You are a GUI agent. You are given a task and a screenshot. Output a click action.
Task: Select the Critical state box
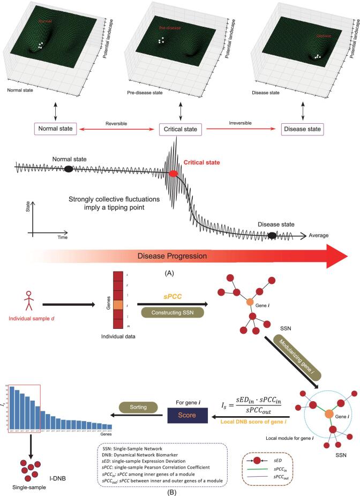(180, 130)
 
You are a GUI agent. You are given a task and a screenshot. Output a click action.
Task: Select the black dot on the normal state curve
(69, 169)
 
